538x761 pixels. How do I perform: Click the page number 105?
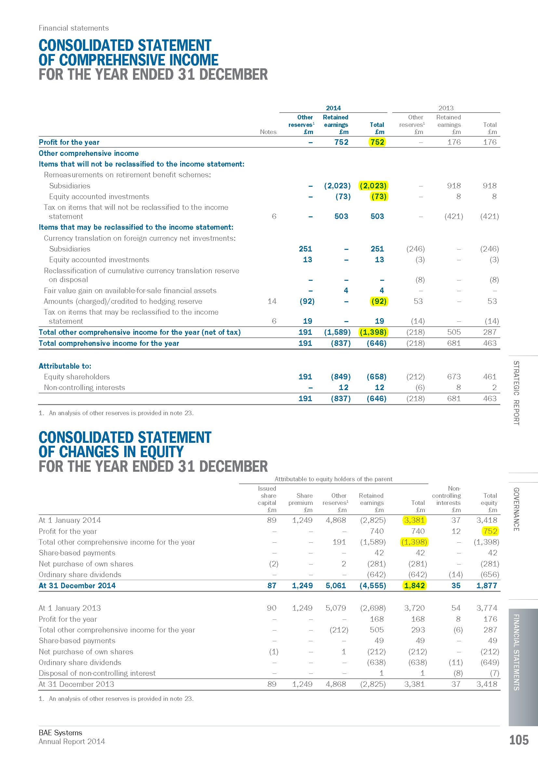518,740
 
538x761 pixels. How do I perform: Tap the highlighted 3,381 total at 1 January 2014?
414,520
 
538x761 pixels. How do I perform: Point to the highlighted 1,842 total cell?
414,586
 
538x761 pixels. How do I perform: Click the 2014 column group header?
333,108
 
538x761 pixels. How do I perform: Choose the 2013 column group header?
446,108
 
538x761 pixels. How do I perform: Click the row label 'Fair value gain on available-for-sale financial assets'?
130,291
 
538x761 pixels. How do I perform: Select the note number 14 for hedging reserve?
272,301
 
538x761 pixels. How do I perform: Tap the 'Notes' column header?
268,132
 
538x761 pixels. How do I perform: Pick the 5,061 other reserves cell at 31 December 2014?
336,586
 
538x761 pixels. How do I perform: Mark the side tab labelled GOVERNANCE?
516,509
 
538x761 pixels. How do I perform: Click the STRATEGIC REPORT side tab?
516,393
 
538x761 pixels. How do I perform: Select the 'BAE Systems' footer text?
60,732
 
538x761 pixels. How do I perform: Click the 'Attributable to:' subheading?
65,366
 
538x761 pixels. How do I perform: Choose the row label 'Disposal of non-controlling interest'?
97,673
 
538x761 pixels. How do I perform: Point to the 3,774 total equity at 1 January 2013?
487,608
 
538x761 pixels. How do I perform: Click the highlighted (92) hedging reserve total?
379,301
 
